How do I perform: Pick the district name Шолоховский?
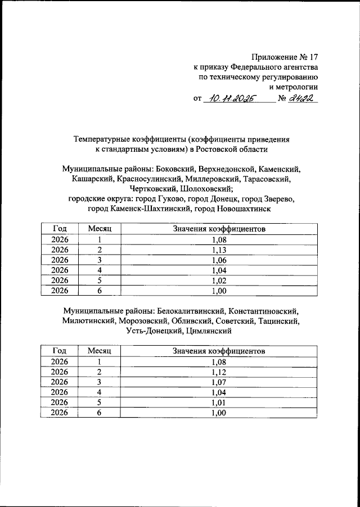pyautogui.click(x=206, y=189)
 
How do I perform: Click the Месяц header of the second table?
pyautogui.click(x=100, y=351)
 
